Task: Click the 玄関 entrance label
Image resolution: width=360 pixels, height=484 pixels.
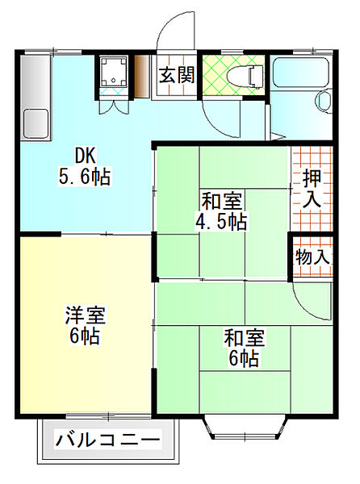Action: (177, 75)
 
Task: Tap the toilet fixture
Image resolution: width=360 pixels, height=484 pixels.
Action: (245, 76)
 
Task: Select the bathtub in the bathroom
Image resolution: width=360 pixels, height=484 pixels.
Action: (301, 73)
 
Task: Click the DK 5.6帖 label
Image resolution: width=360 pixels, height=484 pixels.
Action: (85, 166)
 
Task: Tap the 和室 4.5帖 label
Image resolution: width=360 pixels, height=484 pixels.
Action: (222, 211)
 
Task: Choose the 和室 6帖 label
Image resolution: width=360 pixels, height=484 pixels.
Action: (244, 348)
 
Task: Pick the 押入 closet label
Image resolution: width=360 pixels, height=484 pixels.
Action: (312, 188)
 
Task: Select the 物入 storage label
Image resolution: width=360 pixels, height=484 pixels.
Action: (312, 257)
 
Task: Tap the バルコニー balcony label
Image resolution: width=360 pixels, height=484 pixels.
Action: (108, 440)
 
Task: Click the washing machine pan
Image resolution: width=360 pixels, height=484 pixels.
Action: (114, 72)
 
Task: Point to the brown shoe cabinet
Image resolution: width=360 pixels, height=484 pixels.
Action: (142, 77)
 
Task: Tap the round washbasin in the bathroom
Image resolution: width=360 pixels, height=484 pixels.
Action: (324, 101)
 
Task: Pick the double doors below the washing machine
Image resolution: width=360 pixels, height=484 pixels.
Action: (114, 106)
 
